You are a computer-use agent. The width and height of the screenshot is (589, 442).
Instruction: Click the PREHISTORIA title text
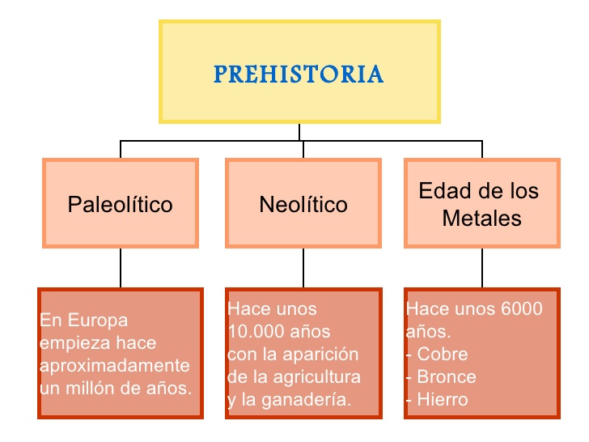coord(299,74)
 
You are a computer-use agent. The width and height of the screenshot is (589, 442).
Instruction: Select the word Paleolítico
coord(121,204)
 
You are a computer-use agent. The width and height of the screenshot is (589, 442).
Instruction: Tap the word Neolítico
coord(303,204)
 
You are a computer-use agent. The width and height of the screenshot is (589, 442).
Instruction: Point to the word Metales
coord(481,219)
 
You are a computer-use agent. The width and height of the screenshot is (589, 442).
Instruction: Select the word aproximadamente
coord(115,365)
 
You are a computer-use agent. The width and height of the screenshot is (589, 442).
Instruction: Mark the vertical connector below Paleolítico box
coord(121,267)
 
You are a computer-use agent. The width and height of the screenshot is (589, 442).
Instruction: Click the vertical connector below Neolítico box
coord(303,267)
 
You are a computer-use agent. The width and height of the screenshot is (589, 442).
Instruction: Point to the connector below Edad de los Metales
coord(482,267)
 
